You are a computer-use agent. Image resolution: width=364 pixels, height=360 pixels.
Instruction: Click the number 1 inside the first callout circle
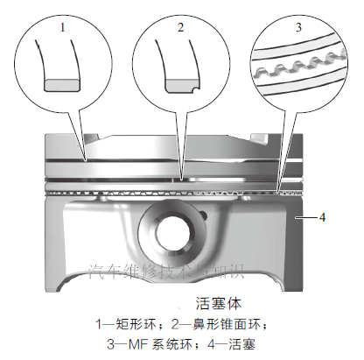click(63, 28)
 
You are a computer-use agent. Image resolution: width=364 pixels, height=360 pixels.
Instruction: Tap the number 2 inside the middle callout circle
click(180, 28)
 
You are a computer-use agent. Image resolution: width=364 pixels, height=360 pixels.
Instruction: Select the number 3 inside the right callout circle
click(297, 28)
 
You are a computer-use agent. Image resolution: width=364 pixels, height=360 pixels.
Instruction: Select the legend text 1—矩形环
click(129, 324)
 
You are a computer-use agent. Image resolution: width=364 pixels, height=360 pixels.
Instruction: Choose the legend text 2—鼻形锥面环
click(221, 324)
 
